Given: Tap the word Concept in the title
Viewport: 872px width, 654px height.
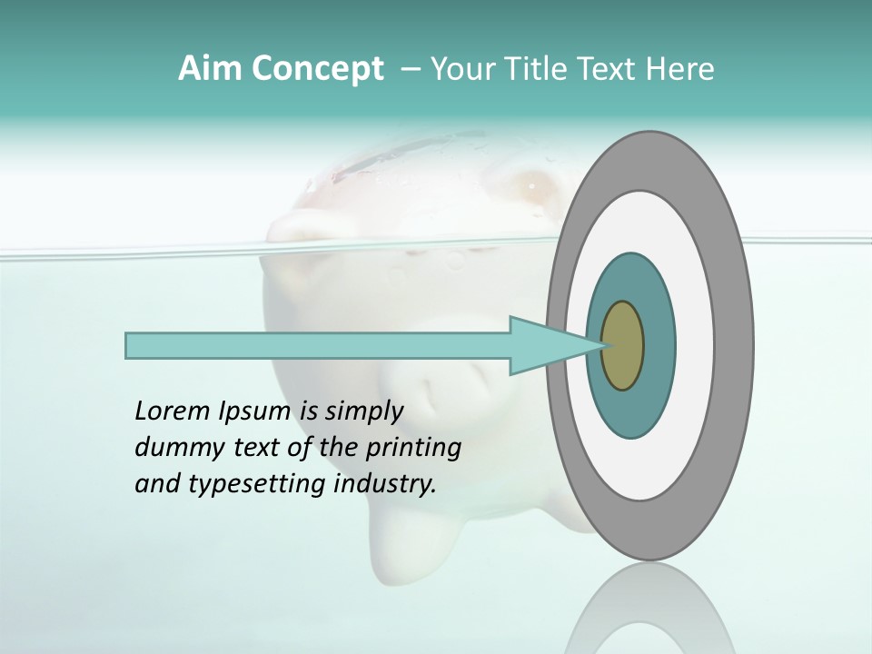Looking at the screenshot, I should [x=317, y=69].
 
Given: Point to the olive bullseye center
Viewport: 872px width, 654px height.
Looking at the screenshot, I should [x=623, y=346].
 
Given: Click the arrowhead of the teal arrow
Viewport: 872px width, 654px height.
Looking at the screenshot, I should [x=545, y=346].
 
